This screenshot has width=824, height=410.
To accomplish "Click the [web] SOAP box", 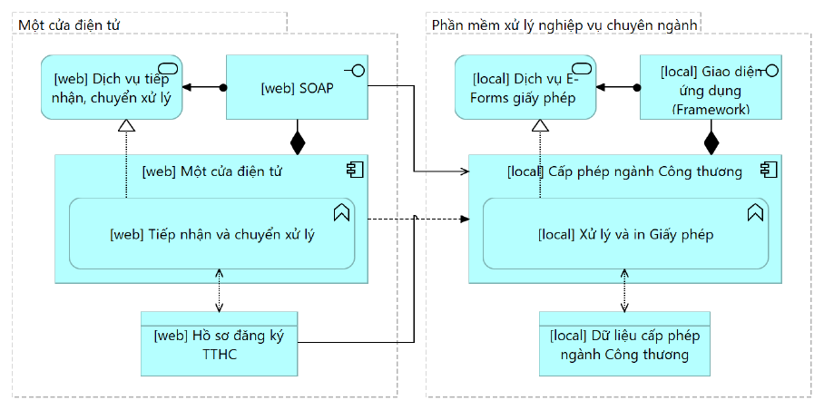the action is [x=298, y=87].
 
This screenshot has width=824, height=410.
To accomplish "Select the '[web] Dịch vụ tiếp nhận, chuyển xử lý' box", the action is [x=112, y=87].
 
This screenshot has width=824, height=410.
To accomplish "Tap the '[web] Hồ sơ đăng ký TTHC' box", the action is [x=219, y=344].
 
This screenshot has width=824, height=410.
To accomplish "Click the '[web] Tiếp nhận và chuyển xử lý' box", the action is [x=211, y=234].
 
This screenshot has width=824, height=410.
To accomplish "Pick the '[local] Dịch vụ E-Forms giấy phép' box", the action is [x=525, y=87].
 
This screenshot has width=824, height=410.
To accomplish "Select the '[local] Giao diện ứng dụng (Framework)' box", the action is [x=711, y=87].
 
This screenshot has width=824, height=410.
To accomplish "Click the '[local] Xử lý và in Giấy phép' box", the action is [x=626, y=234].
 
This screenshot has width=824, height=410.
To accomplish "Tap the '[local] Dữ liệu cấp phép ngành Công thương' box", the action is [x=624, y=344].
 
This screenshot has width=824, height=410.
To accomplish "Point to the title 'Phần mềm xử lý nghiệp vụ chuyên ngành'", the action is [x=564, y=24].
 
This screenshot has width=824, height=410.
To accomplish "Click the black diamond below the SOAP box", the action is [x=298, y=142].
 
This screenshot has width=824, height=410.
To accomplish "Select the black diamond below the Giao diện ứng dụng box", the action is [x=711, y=142].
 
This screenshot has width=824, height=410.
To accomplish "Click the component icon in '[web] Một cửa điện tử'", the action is [x=355, y=170].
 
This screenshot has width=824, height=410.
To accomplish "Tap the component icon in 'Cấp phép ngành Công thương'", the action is [x=769, y=170].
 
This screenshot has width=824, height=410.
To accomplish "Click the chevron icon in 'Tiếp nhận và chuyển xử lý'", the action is [x=341, y=212].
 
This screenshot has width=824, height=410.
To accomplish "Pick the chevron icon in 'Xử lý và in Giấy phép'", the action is [x=755, y=212].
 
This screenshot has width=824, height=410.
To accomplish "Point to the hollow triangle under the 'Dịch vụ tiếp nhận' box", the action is [x=127, y=125].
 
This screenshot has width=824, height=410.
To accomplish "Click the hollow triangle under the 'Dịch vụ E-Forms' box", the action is [x=540, y=125].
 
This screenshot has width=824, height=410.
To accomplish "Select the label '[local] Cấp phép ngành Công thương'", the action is [x=625, y=171].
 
